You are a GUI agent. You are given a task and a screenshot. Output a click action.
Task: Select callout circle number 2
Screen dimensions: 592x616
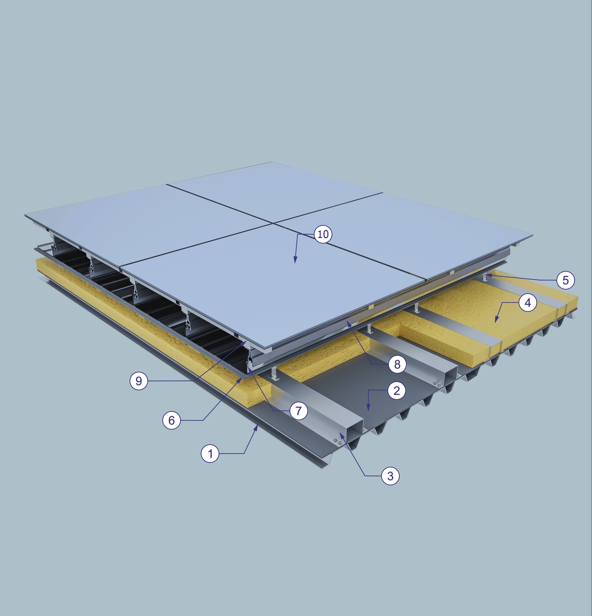[397, 391]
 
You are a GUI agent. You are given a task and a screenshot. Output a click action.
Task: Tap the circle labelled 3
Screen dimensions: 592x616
[391, 476]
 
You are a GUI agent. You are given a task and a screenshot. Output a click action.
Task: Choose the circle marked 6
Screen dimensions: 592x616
[172, 420]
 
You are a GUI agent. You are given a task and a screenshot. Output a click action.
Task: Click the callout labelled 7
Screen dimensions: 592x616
[298, 411]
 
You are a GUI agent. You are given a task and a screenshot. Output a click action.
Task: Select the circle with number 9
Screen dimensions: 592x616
[139, 381]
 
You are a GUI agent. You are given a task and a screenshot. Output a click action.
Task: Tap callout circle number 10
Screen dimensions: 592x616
[323, 234]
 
